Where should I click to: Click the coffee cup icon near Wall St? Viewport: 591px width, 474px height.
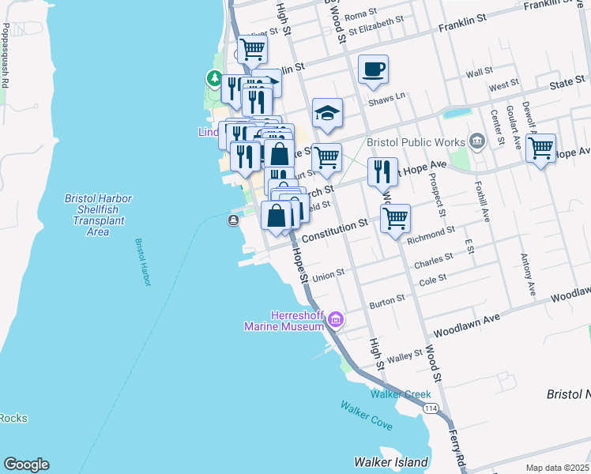point(373,69)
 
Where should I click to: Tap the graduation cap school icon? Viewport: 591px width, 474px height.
point(326,113)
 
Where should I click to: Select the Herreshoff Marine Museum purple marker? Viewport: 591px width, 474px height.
point(337,319)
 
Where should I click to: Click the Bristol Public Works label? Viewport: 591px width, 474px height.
point(424,142)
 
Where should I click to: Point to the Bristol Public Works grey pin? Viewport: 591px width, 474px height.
point(476,141)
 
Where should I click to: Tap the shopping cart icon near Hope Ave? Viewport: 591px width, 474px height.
point(540,148)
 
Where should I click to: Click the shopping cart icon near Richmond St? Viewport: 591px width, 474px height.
point(395,217)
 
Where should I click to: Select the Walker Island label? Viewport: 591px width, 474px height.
point(390,462)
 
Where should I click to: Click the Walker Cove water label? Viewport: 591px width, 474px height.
point(366,416)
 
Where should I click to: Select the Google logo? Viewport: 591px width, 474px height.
point(26,465)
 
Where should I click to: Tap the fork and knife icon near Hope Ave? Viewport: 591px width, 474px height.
point(382,172)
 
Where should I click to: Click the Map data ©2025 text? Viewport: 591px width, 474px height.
point(557,468)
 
